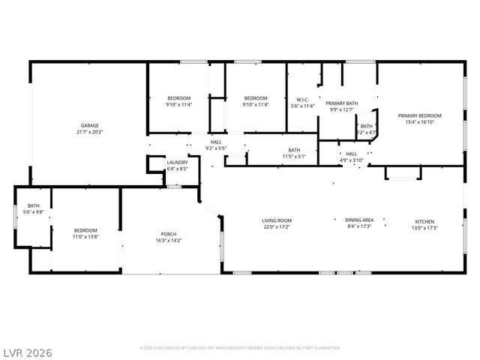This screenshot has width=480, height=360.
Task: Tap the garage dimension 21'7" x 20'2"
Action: (x=90, y=132)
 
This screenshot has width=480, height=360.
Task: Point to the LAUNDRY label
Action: (x=177, y=162)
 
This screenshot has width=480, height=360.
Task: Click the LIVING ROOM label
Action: (x=276, y=220)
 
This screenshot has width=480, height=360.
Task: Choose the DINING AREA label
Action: (x=359, y=220)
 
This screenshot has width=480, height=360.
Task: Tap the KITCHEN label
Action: (x=425, y=221)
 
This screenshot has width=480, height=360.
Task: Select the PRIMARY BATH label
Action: (x=341, y=103)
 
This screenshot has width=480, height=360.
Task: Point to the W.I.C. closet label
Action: (x=303, y=100)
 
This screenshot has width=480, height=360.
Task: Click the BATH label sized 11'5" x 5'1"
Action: (x=294, y=150)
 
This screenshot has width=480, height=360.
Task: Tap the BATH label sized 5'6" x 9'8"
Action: (x=34, y=205)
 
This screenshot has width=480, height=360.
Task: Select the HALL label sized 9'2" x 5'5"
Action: (x=216, y=142)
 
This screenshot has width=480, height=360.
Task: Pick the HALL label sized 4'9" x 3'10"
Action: (x=351, y=153)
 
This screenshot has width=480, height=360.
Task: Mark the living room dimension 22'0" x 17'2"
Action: (x=276, y=227)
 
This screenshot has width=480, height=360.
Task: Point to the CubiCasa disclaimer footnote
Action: (x=240, y=348)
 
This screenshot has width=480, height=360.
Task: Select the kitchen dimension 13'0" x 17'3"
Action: (x=425, y=227)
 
